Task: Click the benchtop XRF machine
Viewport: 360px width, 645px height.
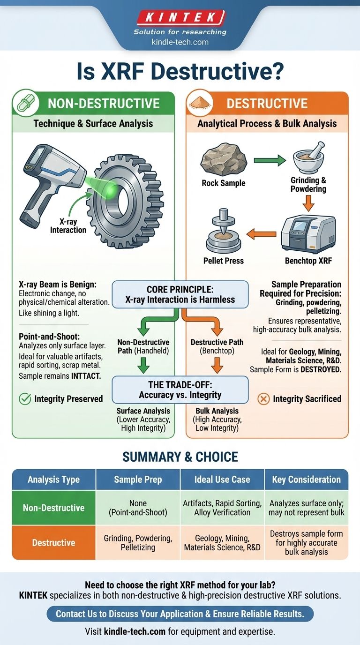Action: tap(308, 234)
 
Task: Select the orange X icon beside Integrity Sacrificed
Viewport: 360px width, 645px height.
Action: tap(263, 399)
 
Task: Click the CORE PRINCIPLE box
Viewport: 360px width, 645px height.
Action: tap(180, 294)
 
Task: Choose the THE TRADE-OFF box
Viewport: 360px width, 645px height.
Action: tap(180, 390)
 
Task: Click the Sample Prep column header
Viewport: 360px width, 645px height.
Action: tap(138, 480)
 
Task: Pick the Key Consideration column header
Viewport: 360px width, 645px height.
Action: tap(307, 480)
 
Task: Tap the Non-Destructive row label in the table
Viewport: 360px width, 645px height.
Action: tap(53, 508)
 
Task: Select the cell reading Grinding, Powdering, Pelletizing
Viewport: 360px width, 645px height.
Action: tap(138, 543)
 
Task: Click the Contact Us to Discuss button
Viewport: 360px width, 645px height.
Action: tap(180, 614)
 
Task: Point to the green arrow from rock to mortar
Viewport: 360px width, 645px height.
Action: tap(269, 161)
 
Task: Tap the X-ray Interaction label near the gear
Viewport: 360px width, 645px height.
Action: tap(68, 226)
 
